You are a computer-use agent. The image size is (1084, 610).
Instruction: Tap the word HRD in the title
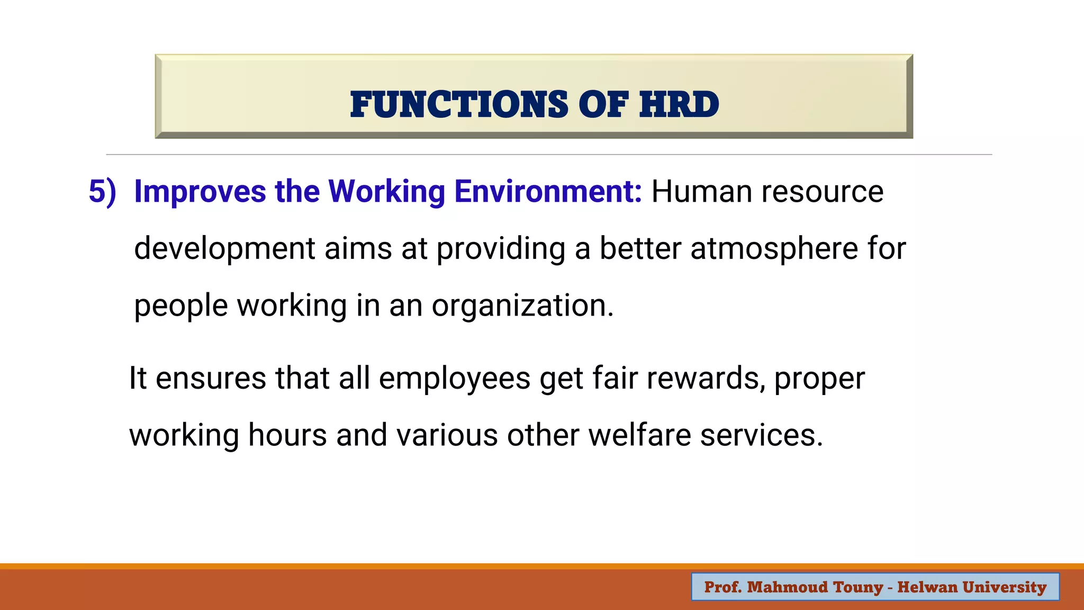coord(679,104)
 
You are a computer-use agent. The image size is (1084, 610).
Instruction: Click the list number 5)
coord(102,192)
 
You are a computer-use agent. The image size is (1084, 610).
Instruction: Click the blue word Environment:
coord(548,192)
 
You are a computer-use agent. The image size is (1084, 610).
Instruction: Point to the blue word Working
coord(386,192)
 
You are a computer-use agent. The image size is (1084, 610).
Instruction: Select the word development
coord(224,249)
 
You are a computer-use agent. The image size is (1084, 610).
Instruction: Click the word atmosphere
coord(774,249)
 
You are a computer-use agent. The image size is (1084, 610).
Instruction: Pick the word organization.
coord(522,306)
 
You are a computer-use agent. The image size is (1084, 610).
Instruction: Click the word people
coord(180,306)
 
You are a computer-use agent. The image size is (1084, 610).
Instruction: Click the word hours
coord(287,436)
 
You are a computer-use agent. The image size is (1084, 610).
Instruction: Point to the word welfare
coord(639,436)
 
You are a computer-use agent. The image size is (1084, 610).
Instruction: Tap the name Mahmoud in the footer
coord(787,587)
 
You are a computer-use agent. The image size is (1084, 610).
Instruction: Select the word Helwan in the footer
coord(927,587)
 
